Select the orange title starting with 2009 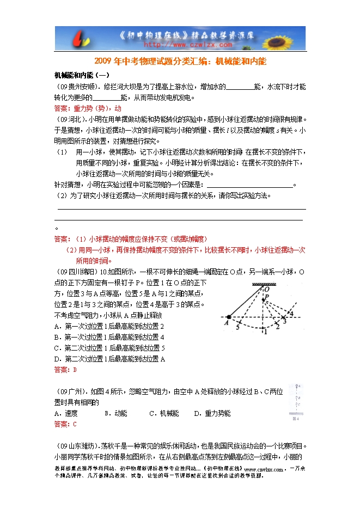point(180,62)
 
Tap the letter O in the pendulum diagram point(265,291)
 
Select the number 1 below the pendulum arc point(265,332)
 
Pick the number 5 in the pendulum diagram point(238,328)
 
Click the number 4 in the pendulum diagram point(291,314)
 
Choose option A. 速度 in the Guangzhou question point(66,413)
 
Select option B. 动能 point(116,413)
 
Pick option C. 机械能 point(164,413)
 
